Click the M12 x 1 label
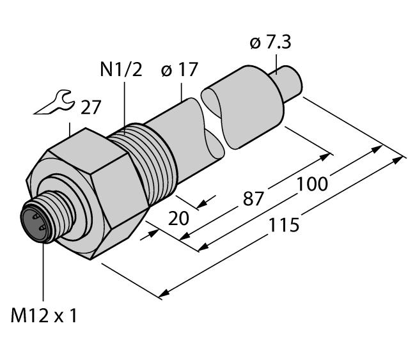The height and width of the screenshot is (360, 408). click(44, 315)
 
